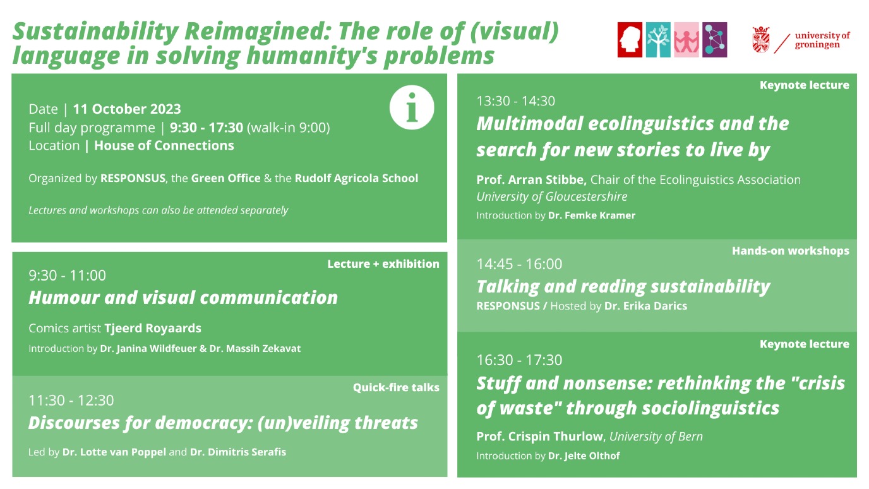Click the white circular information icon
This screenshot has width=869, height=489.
(412, 107)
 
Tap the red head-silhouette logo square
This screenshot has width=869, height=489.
(630, 40)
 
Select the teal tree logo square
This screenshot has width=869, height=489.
(658, 40)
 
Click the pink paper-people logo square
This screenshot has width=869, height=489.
(686, 40)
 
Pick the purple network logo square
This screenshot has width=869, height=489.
(715, 40)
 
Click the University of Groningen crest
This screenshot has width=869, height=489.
(761, 40)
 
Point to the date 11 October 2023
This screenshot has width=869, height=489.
(127, 109)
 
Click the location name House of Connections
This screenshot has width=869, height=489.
(164, 145)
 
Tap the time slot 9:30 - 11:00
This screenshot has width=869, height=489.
(67, 275)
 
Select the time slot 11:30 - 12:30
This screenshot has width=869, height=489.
(71, 400)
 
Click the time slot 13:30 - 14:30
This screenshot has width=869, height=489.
(515, 101)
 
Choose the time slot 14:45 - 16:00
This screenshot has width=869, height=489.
(519, 264)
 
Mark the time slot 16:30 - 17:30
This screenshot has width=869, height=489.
(519, 360)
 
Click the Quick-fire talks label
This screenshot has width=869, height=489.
(396, 387)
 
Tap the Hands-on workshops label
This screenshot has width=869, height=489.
(791, 251)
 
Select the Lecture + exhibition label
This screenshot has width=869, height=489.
(383, 264)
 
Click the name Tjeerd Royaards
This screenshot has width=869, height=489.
(153, 329)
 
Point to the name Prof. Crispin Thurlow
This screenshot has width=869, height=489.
(540, 437)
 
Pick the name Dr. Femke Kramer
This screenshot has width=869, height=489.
(592, 215)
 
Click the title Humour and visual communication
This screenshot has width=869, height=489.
(183, 298)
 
